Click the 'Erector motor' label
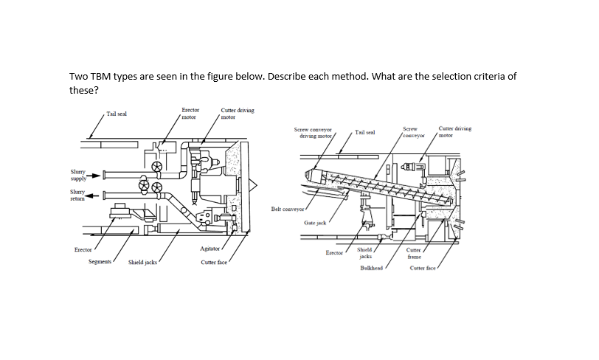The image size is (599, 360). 190,113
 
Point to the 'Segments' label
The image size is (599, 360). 100,262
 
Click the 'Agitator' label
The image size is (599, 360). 210,250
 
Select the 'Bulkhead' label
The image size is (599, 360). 371,268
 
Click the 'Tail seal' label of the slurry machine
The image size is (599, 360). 117,114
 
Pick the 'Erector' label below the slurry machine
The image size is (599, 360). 83,250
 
